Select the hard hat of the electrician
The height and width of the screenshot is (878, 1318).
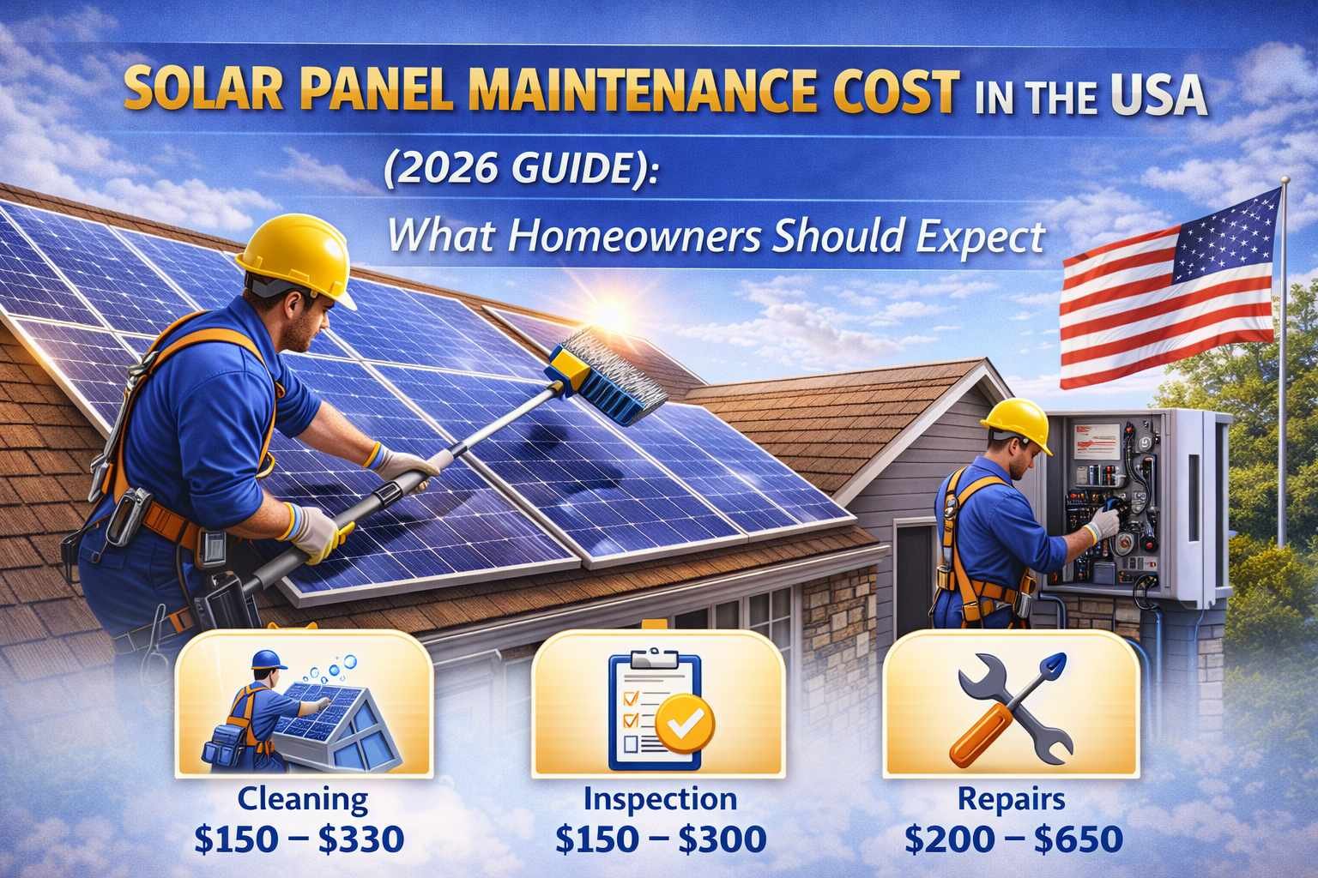[x=1016, y=424]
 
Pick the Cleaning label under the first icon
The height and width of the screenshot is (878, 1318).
[x=302, y=801]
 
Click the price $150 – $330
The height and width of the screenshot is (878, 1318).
[x=299, y=839]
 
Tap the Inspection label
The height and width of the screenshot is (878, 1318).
[x=660, y=798]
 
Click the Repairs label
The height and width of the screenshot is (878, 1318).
[x=1012, y=798]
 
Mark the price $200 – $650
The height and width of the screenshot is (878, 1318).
[x=1013, y=839]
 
